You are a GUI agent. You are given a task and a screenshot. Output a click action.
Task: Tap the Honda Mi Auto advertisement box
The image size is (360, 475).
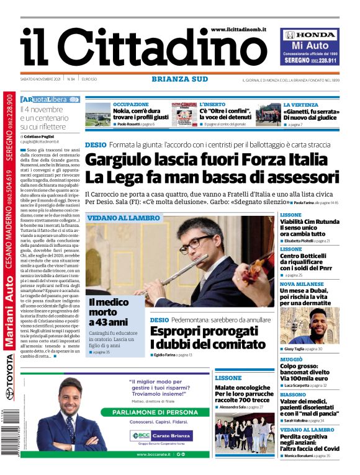point(310,47)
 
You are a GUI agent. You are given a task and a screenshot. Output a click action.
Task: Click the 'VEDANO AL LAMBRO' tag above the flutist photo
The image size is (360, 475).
point(124,218)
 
